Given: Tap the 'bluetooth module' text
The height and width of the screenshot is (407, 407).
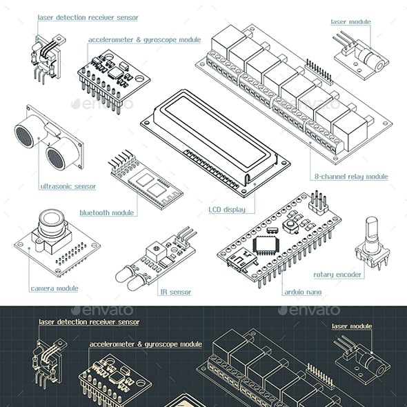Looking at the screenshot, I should [107, 213].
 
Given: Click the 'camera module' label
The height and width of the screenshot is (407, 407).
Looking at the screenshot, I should [54, 288].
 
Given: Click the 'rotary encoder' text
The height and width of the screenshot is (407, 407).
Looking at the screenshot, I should [337, 275].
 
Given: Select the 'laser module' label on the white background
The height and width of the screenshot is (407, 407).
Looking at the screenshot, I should [351, 22].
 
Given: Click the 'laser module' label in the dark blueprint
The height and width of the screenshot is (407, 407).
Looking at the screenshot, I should [352, 326].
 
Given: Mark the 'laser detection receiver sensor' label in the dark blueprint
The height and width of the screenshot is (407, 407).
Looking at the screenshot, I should [89, 322].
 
